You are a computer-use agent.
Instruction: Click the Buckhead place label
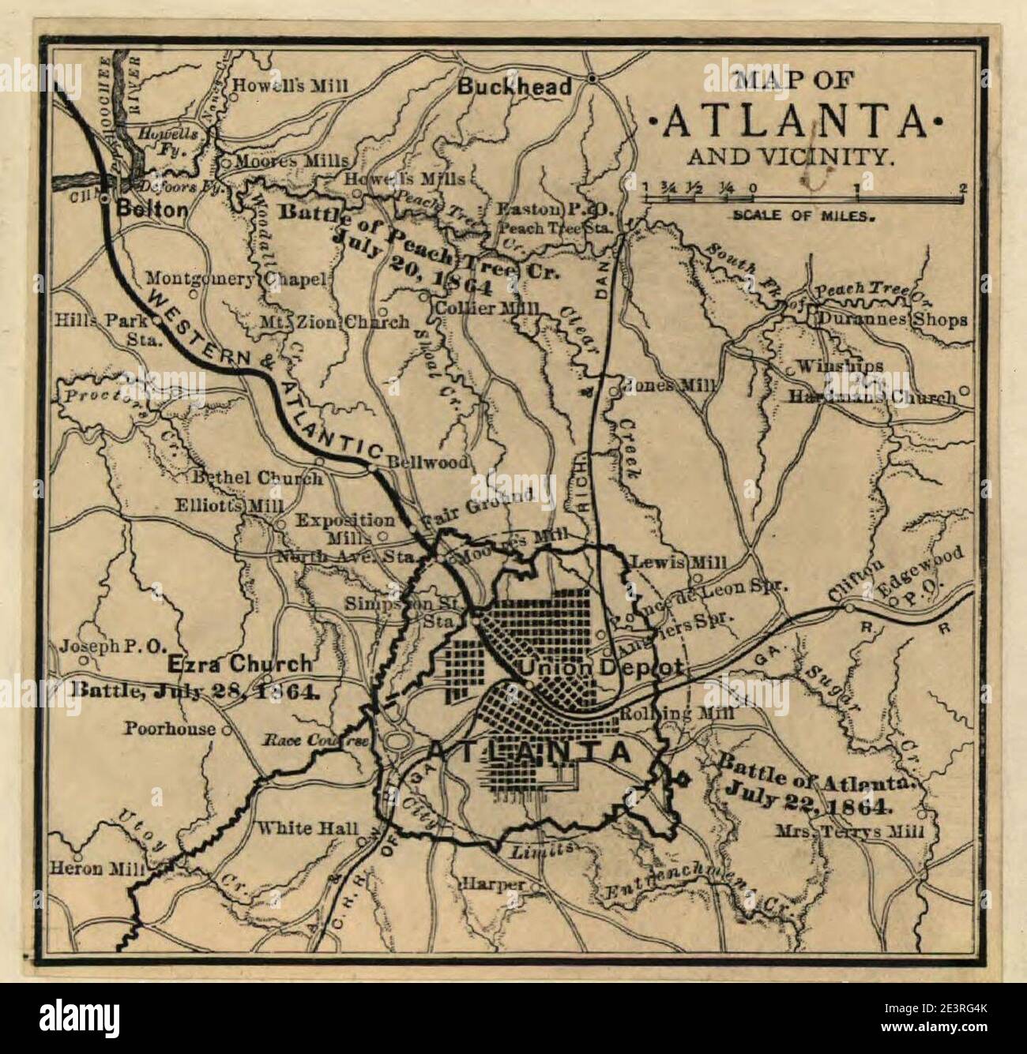click(x=515, y=87)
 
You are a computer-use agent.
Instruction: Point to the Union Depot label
click(x=600, y=667)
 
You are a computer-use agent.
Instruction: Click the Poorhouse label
click(x=168, y=728)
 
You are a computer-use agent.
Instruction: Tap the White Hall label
click(x=307, y=830)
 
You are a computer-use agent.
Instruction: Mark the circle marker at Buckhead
click(x=592, y=78)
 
